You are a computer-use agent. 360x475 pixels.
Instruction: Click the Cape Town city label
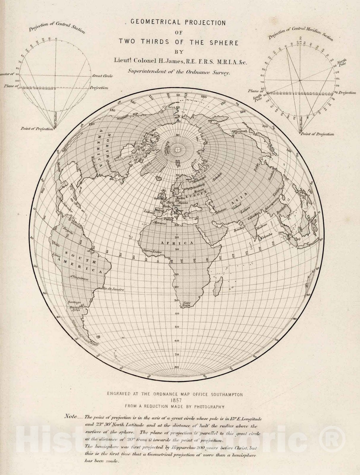pyautogui.click(x=186, y=304)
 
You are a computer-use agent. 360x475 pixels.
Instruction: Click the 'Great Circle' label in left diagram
pyautogui.click(x=102, y=76)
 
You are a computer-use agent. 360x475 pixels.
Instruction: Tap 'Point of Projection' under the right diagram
pyautogui.click(x=317, y=134)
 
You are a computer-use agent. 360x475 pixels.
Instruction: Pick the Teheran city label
pyautogui.click(x=219, y=210)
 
